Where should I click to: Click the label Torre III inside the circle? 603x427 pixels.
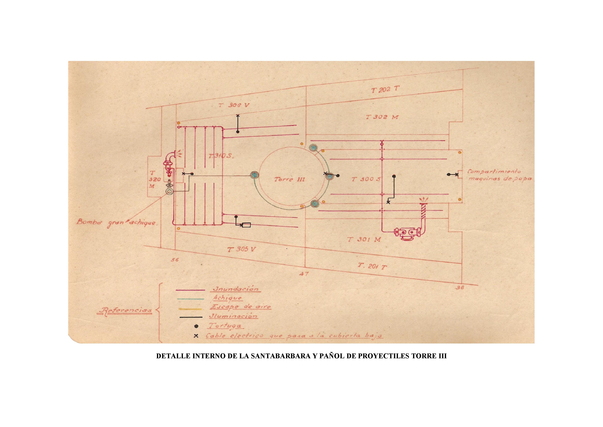click(x=289, y=179)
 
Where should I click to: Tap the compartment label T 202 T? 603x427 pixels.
click(x=385, y=90)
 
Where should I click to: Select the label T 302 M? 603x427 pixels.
click(x=382, y=117)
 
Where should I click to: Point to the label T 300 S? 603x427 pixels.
click(x=366, y=179)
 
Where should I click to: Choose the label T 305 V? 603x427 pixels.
click(x=242, y=249)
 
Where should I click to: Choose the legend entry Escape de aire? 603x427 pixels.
click(x=240, y=307)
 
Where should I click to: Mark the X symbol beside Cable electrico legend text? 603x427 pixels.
click(x=196, y=336)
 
